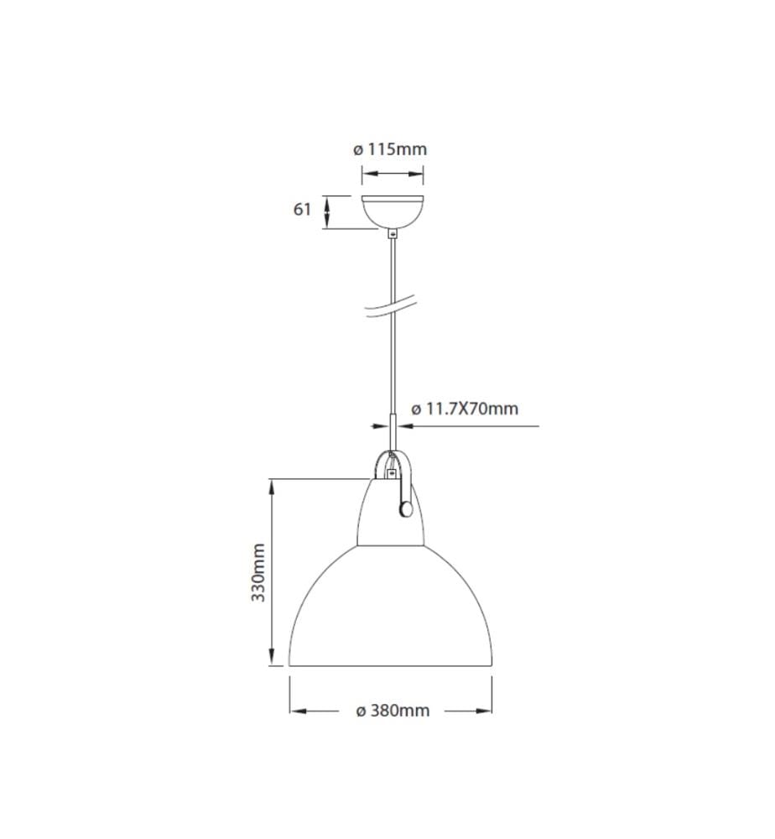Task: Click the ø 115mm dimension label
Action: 390,149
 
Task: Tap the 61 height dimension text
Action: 302,209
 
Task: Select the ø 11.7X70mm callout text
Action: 465,409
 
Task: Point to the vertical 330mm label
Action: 259,572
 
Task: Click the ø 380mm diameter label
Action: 393,711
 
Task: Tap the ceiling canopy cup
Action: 393,212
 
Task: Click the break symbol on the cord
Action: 390,308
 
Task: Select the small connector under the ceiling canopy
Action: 393,234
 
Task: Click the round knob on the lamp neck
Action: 406,509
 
